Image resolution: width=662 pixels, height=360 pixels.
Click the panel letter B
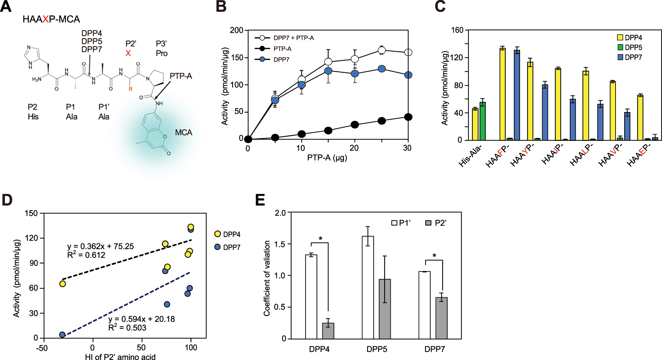pos(221,7)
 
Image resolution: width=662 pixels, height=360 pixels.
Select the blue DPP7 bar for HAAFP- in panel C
pos(517,95)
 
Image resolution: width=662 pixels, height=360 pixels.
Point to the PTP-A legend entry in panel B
pos(282,49)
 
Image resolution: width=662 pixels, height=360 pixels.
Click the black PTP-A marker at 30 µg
pos(408,117)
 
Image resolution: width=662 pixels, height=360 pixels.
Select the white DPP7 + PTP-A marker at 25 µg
pos(382,50)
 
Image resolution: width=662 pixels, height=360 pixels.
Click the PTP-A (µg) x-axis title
pos(327,157)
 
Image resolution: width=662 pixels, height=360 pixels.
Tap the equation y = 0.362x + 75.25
pos(100,246)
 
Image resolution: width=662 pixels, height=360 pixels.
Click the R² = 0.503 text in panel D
pos(127,328)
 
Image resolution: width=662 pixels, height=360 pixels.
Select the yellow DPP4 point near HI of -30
pos(62,284)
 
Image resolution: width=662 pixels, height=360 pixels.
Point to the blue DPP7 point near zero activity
pos(62,335)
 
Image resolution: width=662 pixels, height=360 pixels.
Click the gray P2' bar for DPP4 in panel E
pos(328,330)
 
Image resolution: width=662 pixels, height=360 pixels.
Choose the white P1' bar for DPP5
pos(368,287)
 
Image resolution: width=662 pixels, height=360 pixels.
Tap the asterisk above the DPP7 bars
pos(434,256)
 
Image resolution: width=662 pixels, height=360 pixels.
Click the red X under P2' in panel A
pos(128,53)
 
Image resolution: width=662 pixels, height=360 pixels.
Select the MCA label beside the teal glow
pos(183,133)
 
